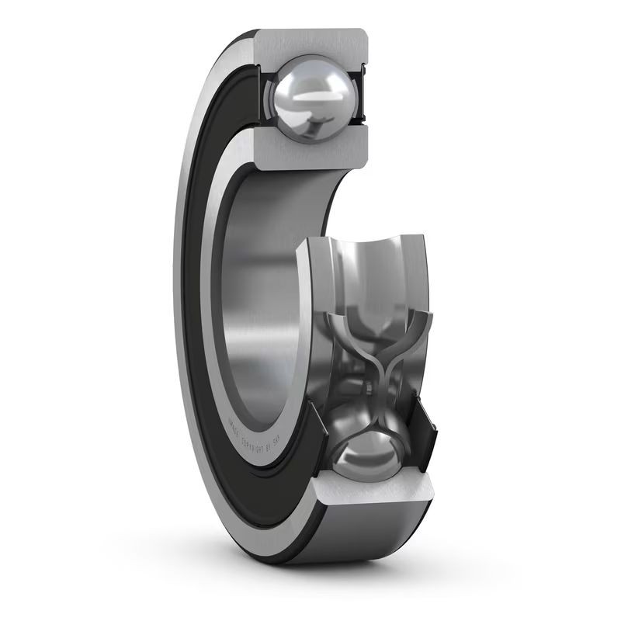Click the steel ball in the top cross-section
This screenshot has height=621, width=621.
click(x=308, y=99)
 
